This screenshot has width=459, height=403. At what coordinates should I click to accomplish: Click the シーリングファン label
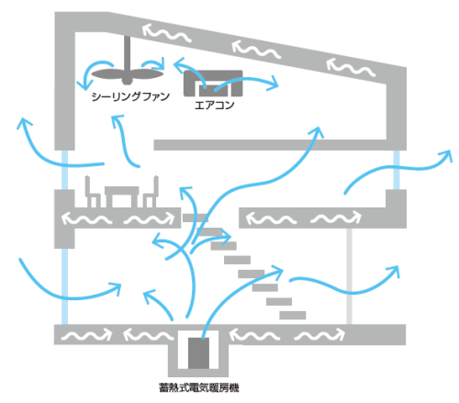(x=130, y=96)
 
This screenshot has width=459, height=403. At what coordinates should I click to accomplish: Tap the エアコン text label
(x=215, y=106)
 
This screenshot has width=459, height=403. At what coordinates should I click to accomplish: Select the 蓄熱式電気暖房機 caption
(x=198, y=387)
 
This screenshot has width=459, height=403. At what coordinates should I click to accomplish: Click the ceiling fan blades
(x=127, y=75)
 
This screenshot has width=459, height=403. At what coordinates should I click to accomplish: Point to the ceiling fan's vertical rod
(x=127, y=52)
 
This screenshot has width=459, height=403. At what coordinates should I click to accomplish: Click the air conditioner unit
(x=213, y=84)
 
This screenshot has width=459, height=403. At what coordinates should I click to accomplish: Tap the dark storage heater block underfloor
(x=198, y=353)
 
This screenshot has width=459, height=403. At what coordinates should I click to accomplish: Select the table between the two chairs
(x=122, y=196)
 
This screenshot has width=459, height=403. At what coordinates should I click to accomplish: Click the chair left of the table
(x=93, y=192)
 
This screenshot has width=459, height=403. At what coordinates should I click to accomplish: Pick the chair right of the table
(x=151, y=192)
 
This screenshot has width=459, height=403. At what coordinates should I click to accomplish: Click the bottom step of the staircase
(x=293, y=315)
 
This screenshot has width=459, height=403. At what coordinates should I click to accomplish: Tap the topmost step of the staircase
(x=196, y=218)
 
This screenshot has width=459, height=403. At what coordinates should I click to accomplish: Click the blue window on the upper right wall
(x=397, y=170)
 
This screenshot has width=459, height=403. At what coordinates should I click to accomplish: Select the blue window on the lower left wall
(x=64, y=286)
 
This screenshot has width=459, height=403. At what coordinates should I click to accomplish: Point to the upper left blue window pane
(x=64, y=170)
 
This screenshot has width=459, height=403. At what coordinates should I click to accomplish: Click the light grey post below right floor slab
(x=350, y=276)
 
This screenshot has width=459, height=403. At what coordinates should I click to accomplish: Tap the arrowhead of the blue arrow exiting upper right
(x=447, y=155)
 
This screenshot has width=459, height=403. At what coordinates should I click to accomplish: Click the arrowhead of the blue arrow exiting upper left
(x=24, y=122)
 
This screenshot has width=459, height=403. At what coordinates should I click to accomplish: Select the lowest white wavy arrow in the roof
(x=351, y=68)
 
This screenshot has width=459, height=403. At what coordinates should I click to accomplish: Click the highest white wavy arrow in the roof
(x=167, y=33)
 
